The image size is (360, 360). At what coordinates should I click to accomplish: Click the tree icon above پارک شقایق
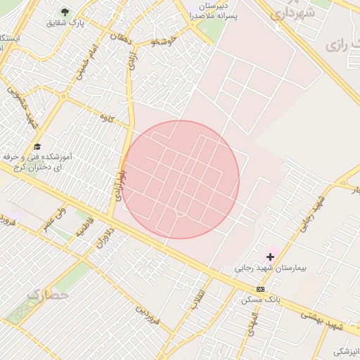tap(65, 12)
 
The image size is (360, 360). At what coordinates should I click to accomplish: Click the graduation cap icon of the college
tap(37, 146)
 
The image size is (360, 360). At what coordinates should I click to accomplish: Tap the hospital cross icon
tap(270, 257)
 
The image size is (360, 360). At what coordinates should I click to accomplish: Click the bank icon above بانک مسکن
tap(261, 289)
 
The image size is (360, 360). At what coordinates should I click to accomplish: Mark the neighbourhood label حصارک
tap(49, 295)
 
